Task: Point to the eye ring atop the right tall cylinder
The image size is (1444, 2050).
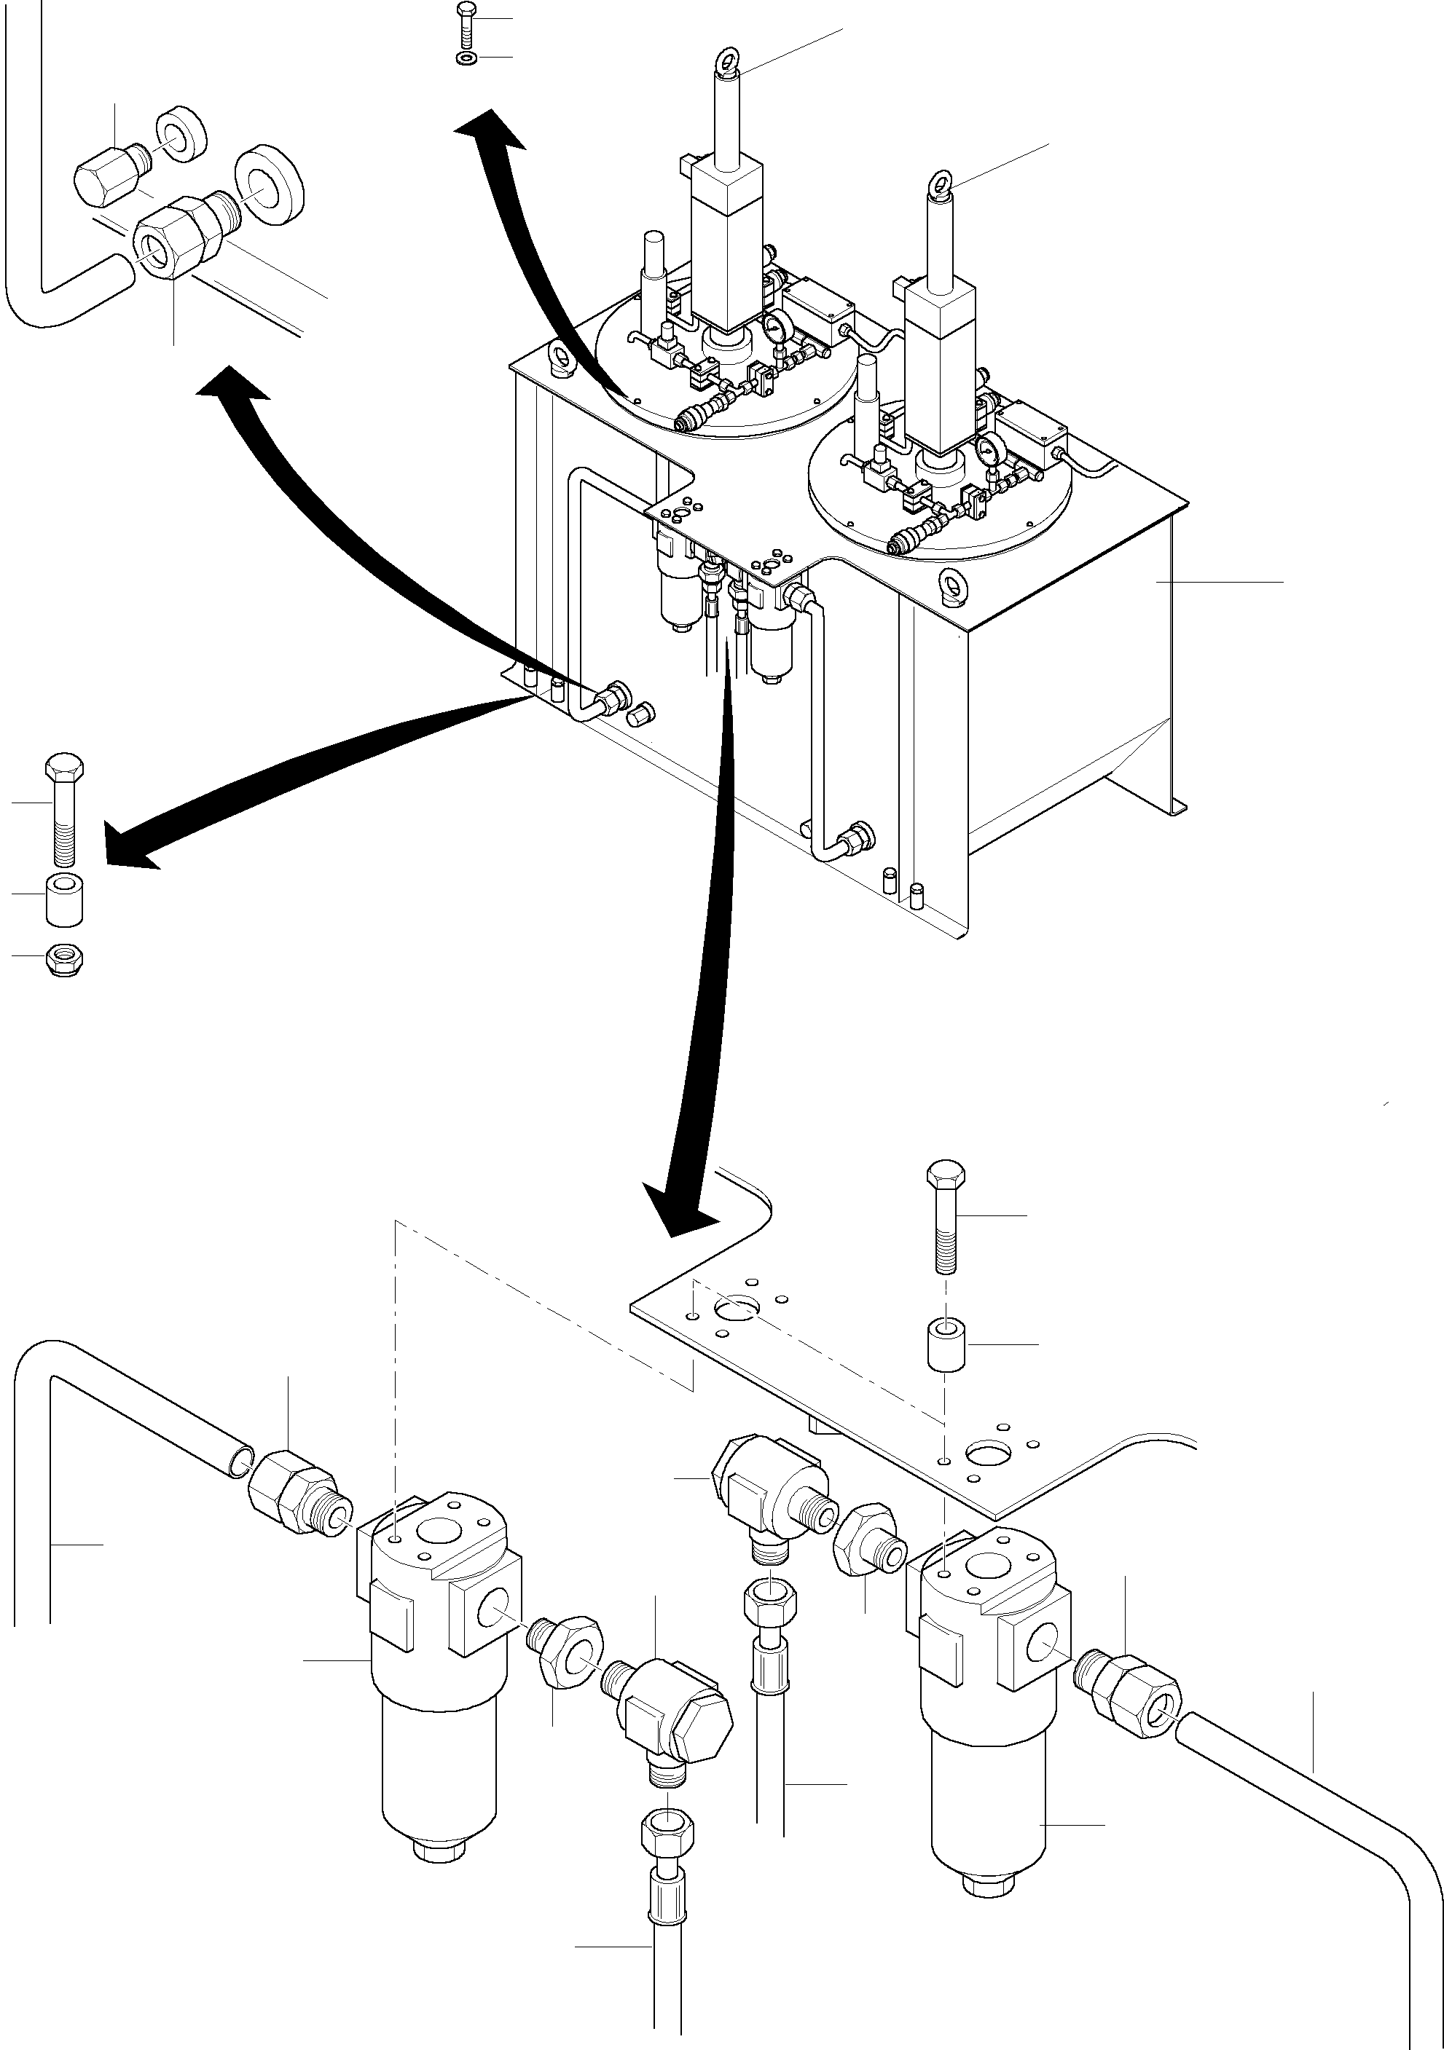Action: [x=941, y=183]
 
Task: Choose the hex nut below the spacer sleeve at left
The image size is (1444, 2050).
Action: [x=63, y=958]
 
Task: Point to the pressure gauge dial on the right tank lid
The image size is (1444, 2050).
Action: [x=988, y=447]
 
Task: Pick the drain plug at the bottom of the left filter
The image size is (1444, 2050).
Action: [x=438, y=1849]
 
